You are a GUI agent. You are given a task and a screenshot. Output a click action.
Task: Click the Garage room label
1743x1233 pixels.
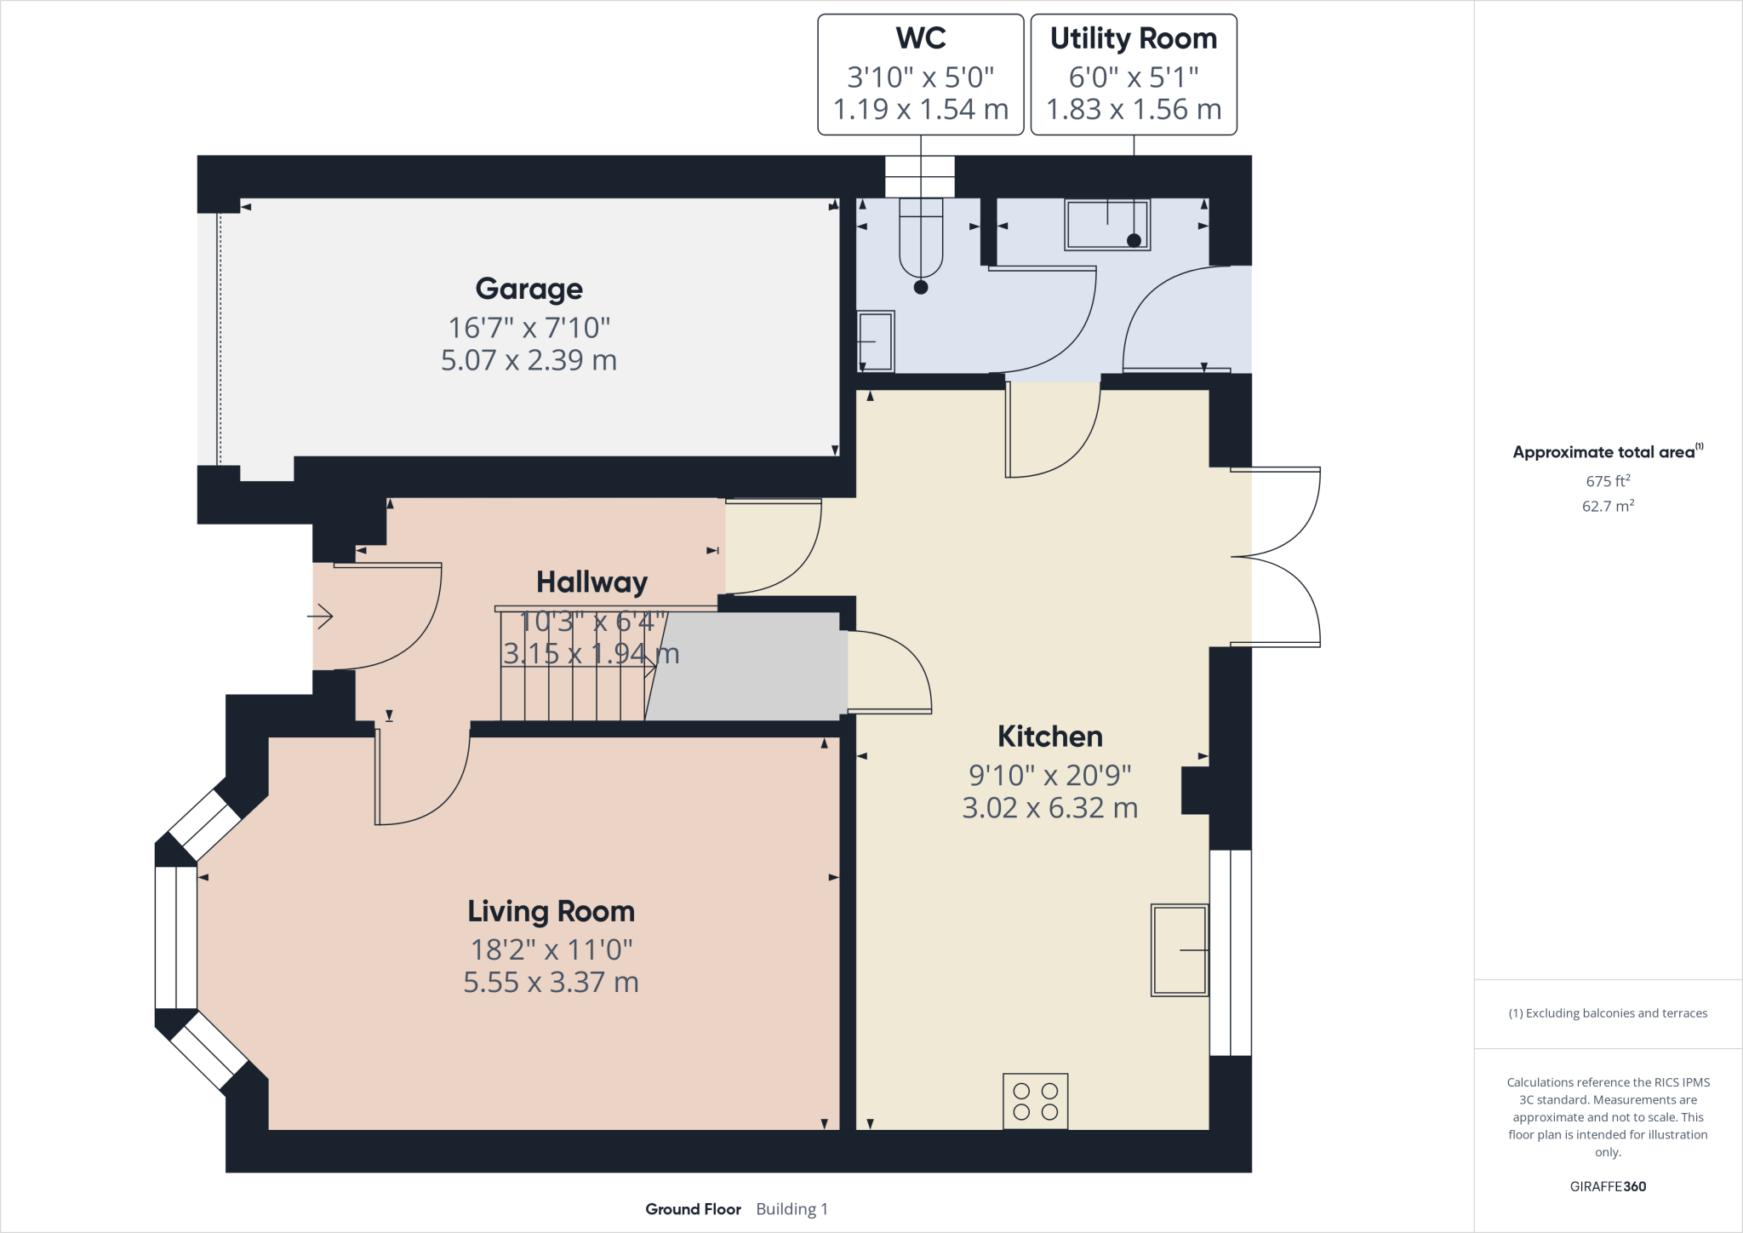[529, 290]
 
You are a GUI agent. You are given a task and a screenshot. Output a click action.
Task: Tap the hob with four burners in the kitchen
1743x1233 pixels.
[1035, 1101]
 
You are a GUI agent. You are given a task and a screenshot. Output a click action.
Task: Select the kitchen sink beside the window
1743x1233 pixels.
[1180, 949]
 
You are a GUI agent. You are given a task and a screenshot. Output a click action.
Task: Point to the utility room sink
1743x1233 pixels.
[1107, 225]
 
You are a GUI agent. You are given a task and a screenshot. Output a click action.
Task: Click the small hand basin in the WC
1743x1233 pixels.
[876, 341]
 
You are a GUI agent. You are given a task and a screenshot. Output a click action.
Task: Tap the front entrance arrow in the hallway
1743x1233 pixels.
[321, 616]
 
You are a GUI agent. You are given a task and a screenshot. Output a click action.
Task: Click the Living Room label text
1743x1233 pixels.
[551, 912]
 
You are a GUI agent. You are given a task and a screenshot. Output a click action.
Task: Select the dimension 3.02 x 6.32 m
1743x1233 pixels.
[1049, 808]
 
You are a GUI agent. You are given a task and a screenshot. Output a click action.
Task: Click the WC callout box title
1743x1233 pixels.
[920, 38]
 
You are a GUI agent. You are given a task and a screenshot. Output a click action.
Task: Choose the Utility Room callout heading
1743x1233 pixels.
[1133, 38]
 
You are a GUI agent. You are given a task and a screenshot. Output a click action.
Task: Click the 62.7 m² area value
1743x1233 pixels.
[1607, 506]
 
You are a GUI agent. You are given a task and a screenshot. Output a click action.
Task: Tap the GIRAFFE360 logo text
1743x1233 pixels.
[1607, 1186]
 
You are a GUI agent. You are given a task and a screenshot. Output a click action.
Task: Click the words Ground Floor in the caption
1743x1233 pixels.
[693, 1209]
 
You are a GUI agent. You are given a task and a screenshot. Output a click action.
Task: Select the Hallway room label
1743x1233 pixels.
[591, 582]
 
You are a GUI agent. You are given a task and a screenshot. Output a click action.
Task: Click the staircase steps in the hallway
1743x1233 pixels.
[572, 681]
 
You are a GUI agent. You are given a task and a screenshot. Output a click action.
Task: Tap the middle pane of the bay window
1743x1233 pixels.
[176, 938]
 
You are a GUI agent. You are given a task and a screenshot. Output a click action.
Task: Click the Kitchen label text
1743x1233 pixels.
[1049, 737]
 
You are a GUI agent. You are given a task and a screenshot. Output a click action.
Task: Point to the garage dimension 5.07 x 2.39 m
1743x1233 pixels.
[529, 360]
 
